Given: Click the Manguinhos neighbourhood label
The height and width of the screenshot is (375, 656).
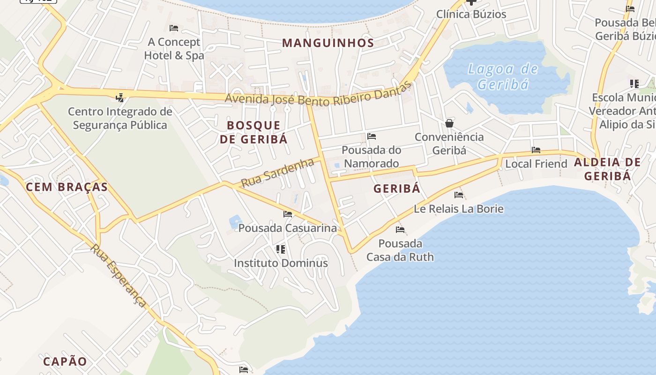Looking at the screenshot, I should point(328,43).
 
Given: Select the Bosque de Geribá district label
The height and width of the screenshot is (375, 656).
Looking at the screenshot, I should point(253,132).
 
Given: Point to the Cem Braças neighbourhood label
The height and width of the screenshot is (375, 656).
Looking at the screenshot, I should point(67,187).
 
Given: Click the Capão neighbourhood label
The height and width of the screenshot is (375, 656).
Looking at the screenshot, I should point(65,361).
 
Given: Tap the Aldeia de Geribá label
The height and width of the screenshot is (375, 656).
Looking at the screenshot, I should point(607,169).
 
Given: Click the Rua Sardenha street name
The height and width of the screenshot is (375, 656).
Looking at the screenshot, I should point(277,173).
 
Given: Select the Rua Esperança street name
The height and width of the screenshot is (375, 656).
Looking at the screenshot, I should point(119,275).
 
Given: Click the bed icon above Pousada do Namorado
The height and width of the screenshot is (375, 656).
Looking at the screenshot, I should point(372,136).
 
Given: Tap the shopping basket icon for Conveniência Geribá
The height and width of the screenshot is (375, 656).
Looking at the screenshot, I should point(449,123).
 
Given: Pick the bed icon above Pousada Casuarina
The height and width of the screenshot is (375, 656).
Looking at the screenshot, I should point(288,214).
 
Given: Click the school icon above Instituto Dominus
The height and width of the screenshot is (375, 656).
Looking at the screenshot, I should point(281,249).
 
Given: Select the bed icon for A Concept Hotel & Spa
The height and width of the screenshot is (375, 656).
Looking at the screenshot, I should point(174,28).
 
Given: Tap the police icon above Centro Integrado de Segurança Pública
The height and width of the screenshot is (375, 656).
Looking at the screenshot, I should point(120,97).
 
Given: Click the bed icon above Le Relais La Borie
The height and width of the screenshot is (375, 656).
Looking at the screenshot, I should point(459,195).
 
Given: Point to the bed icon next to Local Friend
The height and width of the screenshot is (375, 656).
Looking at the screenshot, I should point(536,150).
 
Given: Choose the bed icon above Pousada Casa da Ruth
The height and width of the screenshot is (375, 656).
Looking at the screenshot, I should point(400,230).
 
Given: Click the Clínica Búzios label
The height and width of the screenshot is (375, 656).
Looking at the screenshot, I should point(471,14).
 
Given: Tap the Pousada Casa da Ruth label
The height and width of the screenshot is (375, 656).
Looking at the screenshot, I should point(400,250).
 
